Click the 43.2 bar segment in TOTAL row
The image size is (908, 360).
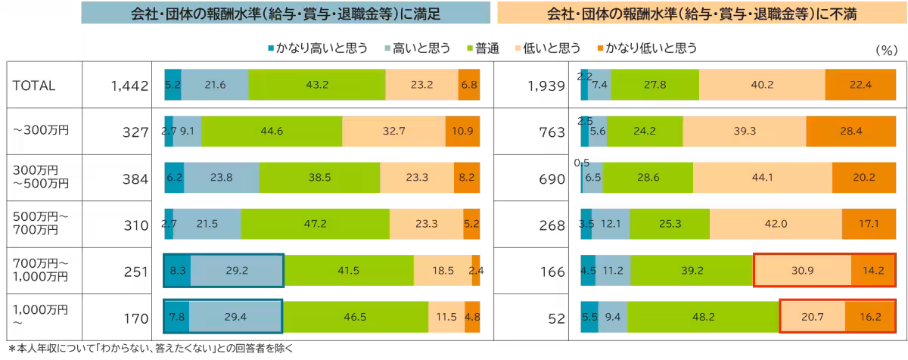[x=316, y=86]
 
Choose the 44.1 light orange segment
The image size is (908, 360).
[x=762, y=179]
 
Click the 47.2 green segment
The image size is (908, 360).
[x=315, y=224]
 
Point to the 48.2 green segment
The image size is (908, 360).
[x=703, y=316]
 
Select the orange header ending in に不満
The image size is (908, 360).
[x=701, y=14]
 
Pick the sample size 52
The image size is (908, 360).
[x=556, y=316]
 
